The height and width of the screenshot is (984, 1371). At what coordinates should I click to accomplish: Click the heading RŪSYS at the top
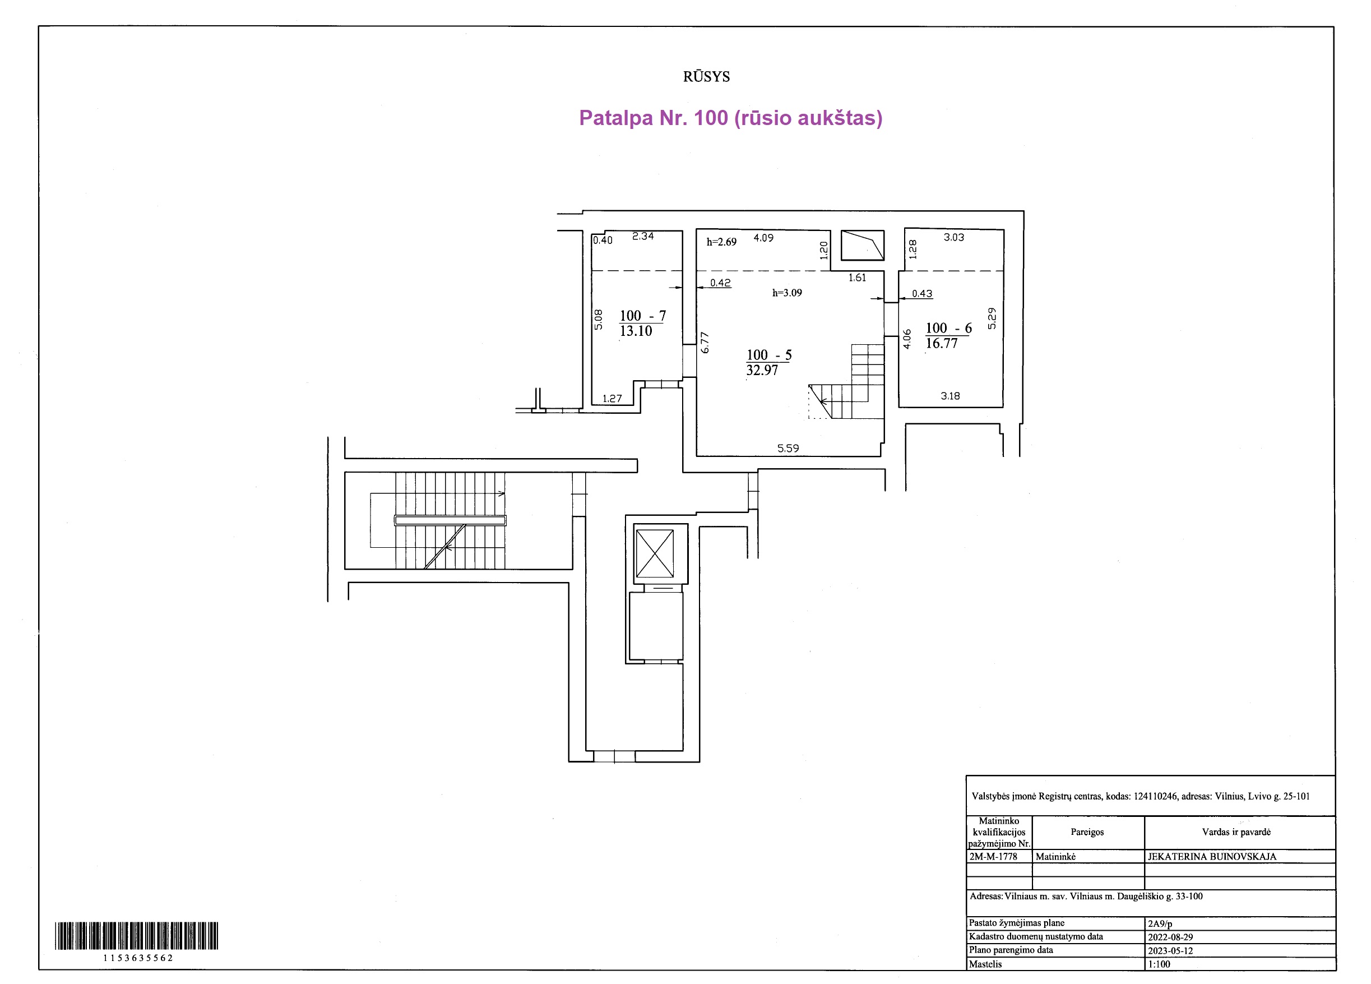click(x=706, y=77)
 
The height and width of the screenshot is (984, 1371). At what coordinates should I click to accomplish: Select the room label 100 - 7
click(x=642, y=316)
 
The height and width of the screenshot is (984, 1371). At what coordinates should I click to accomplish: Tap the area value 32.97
click(x=762, y=370)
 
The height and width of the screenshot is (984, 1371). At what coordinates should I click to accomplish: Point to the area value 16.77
click(x=941, y=344)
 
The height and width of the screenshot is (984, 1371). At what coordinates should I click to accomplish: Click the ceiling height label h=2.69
click(x=721, y=242)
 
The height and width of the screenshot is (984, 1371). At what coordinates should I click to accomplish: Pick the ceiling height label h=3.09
click(x=787, y=293)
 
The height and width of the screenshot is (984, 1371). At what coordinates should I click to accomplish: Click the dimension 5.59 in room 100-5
click(x=788, y=448)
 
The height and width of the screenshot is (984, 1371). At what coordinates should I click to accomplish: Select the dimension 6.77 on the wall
click(x=705, y=343)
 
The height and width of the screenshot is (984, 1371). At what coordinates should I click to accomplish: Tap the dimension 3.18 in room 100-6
click(x=950, y=396)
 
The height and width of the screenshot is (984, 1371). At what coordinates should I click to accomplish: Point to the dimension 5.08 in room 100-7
click(x=599, y=320)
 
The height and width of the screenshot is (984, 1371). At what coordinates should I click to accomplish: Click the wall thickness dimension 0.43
click(x=922, y=293)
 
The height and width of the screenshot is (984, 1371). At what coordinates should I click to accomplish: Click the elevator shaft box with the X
click(x=655, y=553)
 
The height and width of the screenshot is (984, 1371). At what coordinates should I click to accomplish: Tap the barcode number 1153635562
click(x=138, y=958)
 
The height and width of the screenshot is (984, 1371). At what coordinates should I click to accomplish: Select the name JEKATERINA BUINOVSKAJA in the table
click(x=1212, y=856)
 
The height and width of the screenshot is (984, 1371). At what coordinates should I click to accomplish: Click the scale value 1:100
click(x=1159, y=964)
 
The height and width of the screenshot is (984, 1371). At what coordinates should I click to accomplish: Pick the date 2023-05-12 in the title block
click(x=1170, y=950)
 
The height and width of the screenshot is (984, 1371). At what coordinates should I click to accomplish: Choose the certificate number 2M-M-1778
click(x=993, y=856)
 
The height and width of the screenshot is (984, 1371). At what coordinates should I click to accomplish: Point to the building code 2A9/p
click(x=1160, y=923)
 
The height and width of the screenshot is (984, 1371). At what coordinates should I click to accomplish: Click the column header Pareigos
click(x=1087, y=832)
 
